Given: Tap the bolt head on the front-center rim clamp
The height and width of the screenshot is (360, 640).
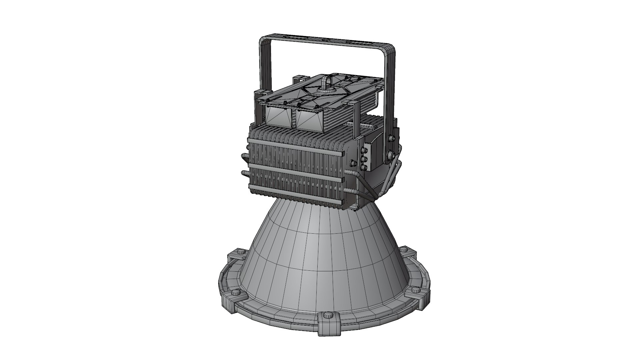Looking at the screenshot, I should coord(328,315).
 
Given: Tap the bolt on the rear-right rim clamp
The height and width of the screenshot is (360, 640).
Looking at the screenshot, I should coord(404,249).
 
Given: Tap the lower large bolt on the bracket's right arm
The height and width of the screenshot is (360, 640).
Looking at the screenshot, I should coord(390,154).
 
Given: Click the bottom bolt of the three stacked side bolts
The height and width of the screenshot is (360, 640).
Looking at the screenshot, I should coord(364,167).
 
